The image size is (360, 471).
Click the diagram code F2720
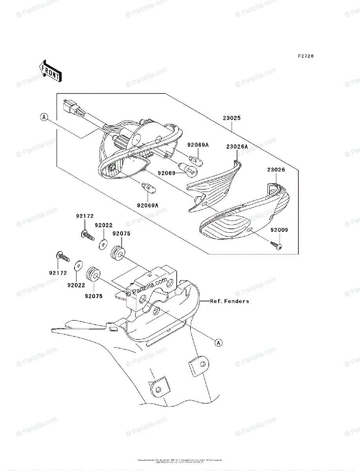coord(305,57)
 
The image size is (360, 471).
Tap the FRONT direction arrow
coord(50,71)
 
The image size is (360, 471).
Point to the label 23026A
coord(237,146)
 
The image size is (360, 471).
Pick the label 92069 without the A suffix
coord(167,173)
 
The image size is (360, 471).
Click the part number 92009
coord(279,230)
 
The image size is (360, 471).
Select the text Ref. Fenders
coord(229,301)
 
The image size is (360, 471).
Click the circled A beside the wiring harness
coord(44,117)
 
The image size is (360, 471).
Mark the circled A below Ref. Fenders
coord(219,343)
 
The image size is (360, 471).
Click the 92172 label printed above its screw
coord(84,216)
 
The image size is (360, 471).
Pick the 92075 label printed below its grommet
coord(93,296)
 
